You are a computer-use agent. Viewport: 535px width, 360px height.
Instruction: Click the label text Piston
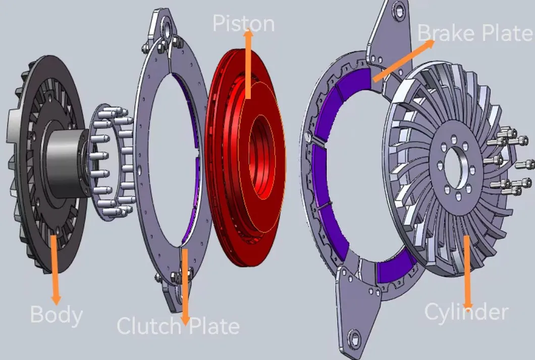coord(243,24)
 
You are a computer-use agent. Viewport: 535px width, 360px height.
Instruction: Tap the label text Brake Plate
coord(475,33)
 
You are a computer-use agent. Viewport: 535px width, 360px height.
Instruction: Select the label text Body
coord(56,315)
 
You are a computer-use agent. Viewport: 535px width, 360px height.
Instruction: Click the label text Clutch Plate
coord(178,326)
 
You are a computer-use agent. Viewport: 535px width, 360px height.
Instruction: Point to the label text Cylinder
coord(466,312)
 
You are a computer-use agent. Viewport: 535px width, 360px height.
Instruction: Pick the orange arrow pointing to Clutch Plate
coord(185,285)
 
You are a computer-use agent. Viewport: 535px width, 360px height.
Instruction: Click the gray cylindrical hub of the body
coord(66,162)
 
